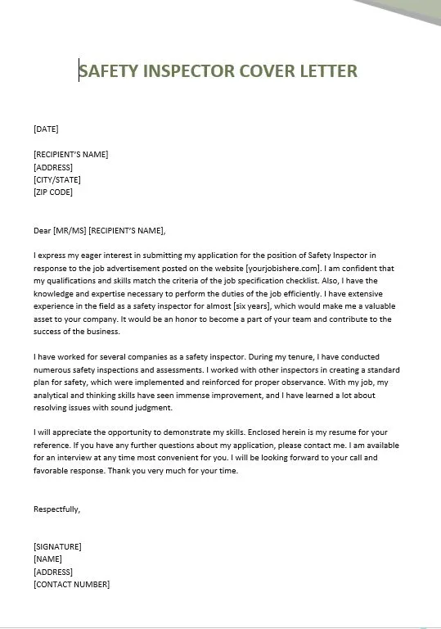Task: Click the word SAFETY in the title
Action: coord(109,70)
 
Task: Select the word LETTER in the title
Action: coord(326,70)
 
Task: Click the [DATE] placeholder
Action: coord(46,129)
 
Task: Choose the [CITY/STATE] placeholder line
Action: coord(57,179)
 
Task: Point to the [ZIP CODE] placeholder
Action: coord(53,192)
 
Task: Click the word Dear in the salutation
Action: coord(43,230)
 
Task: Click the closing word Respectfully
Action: coord(57,509)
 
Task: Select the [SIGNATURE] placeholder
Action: coord(57,546)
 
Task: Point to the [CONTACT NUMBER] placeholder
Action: coord(72,585)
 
